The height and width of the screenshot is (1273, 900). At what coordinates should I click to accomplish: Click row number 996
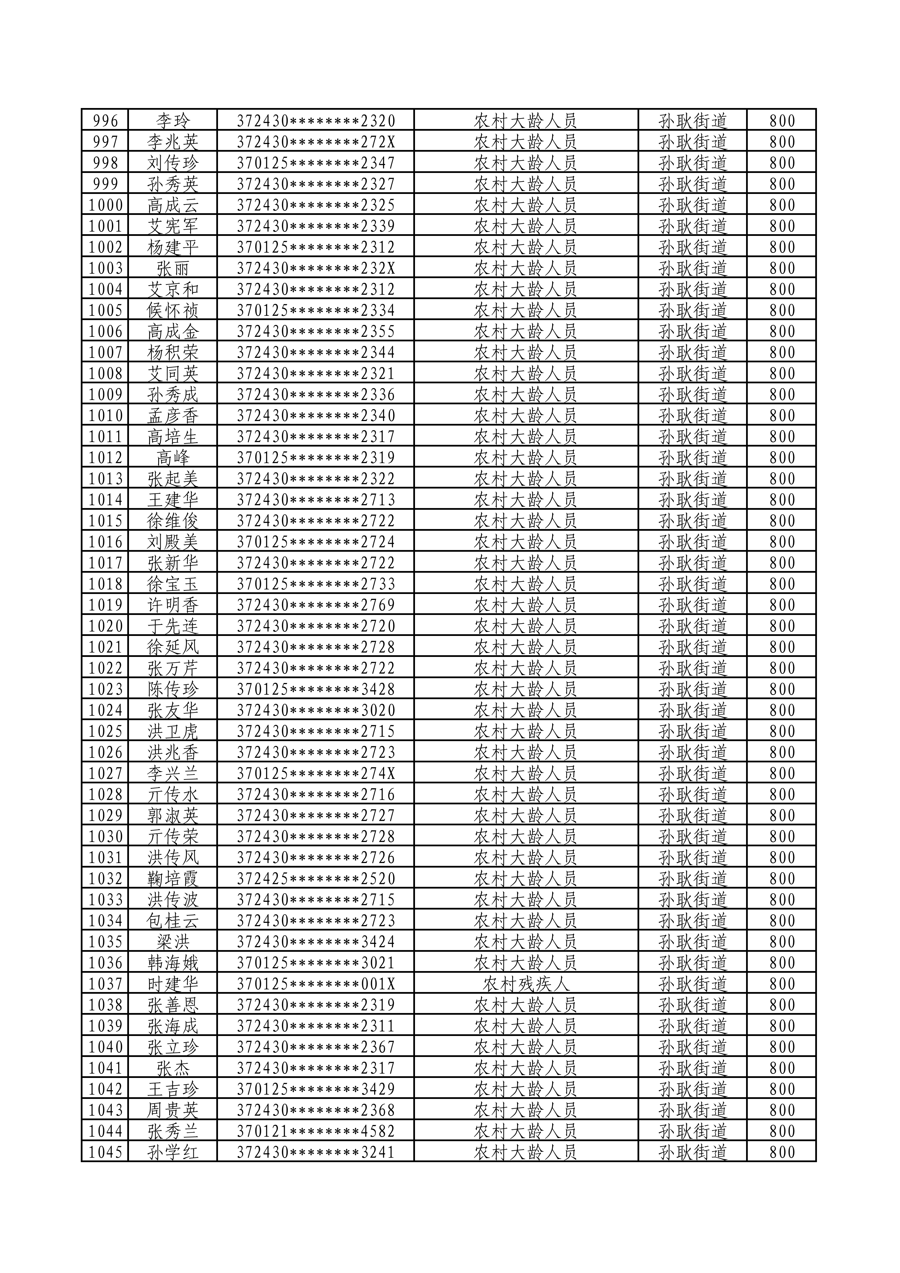point(105,120)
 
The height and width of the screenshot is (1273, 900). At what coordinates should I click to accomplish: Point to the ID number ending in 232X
point(316,268)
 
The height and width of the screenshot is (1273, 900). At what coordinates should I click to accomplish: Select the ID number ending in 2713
point(316,500)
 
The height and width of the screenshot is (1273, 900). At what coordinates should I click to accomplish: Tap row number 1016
point(105,542)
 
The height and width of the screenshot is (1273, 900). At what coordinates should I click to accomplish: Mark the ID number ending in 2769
point(316,605)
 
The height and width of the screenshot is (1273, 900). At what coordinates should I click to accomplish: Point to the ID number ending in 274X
point(316,773)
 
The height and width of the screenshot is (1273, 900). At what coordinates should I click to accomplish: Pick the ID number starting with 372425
point(316,879)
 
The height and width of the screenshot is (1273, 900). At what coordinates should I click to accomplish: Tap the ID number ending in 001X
point(316,984)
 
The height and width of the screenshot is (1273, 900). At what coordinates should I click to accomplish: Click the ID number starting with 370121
point(316,1132)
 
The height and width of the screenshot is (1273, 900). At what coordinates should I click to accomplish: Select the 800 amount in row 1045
point(782,1153)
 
